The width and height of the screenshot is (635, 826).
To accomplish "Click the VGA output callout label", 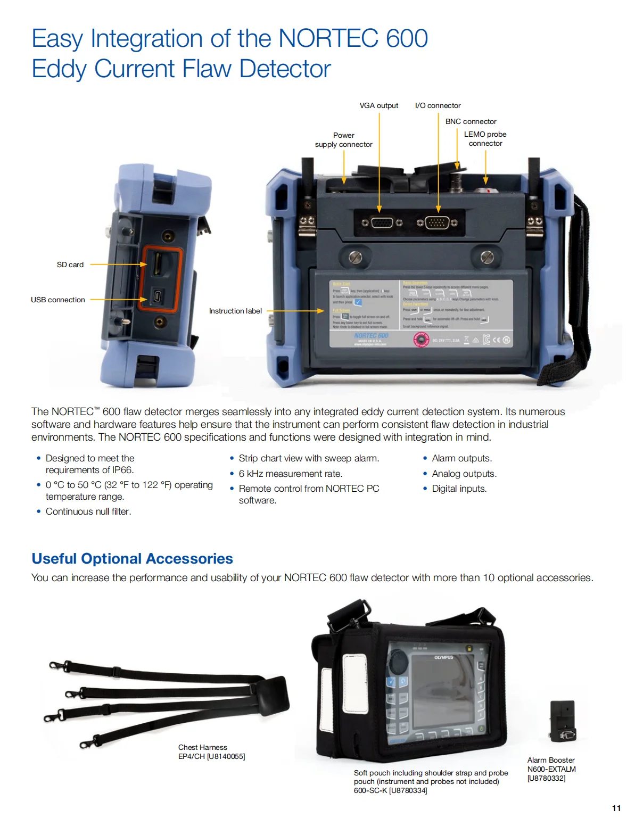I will click(378, 105).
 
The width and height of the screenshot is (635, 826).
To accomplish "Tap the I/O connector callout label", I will click(438, 105).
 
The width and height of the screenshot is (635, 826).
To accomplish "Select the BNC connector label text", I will click(471, 121).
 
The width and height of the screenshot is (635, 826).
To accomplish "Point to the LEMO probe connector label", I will click(485, 139).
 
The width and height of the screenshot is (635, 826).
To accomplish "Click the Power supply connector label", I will click(343, 140).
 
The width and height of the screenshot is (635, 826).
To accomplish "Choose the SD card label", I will click(70, 265).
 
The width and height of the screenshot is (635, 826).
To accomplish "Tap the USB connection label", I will click(58, 300).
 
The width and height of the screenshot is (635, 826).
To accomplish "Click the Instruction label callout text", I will click(235, 311).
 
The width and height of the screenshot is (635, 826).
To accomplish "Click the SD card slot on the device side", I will click(158, 264).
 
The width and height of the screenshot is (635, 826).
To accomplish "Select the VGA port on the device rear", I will click(382, 222).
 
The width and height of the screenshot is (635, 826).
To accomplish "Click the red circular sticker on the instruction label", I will click(421, 340).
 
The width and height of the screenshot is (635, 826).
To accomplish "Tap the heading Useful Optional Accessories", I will click(132, 558).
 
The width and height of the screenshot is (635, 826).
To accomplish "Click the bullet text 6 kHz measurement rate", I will click(290, 474).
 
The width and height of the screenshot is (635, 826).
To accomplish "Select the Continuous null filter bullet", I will click(88, 511).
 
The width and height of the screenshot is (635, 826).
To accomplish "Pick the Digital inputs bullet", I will click(459, 489).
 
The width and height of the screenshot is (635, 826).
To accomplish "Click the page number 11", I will click(616, 808).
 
